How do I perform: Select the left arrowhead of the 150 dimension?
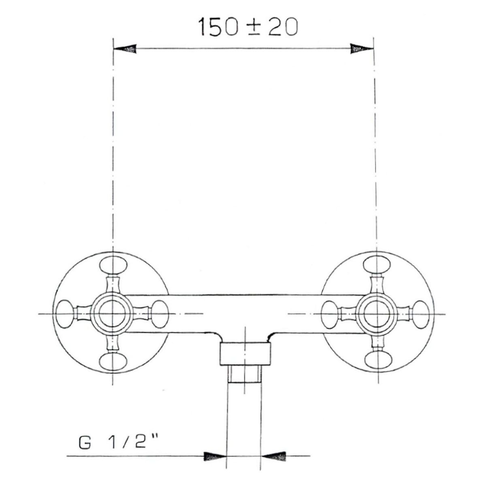point(125,49)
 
